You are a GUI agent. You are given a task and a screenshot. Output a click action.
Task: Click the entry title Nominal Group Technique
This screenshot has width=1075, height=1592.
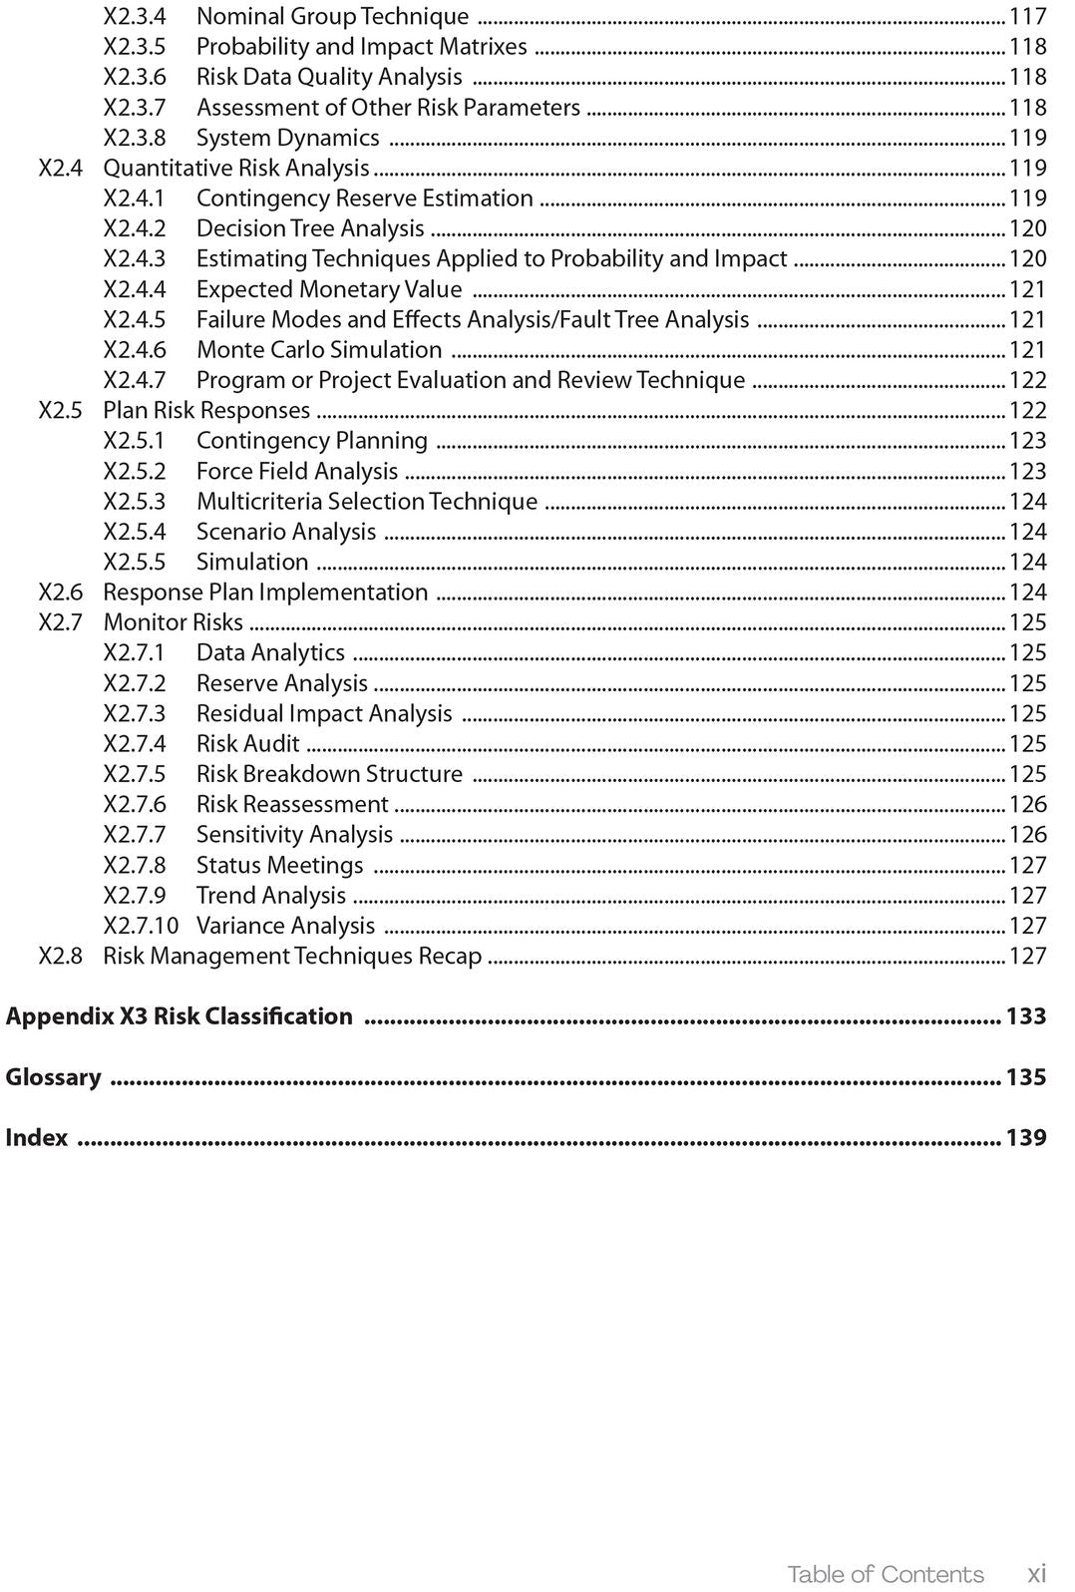(332, 16)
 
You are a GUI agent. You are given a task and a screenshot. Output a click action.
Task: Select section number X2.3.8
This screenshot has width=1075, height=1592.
(135, 138)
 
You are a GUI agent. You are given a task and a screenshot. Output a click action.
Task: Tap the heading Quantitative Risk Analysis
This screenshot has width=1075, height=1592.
(236, 168)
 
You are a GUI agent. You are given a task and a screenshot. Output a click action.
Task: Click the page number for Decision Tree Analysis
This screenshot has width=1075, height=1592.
(1027, 228)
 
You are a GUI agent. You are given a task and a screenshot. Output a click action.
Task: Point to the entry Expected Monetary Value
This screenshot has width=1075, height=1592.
(329, 289)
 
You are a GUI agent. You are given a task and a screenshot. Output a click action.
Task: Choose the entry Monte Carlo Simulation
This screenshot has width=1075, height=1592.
(319, 350)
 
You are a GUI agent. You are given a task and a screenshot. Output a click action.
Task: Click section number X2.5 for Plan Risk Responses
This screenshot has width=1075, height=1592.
(60, 410)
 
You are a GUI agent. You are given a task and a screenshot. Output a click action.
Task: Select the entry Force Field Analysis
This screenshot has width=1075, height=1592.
(297, 471)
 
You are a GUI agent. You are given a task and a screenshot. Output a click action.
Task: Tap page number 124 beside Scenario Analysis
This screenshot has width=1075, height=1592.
(1027, 532)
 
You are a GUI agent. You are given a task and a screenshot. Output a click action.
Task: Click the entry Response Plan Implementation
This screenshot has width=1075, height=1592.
(265, 593)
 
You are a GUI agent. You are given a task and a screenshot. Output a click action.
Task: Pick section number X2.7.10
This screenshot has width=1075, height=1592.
(141, 926)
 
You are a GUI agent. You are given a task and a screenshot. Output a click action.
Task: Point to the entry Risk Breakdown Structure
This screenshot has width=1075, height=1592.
(329, 774)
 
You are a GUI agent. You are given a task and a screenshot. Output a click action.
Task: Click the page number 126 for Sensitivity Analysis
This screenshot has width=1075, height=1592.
(1027, 835)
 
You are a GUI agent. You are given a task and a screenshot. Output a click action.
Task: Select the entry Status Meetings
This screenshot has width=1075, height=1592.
(279, 865)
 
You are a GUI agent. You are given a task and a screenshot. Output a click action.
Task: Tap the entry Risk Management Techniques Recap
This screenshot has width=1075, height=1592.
(292, 956)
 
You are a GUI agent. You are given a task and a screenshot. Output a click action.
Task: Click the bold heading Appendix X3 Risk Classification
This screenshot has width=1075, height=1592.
(179, 1016)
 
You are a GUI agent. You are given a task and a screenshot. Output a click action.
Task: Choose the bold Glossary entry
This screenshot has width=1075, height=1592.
(54, 1077)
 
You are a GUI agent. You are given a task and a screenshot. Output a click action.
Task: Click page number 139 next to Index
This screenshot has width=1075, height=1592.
(1025, 1137)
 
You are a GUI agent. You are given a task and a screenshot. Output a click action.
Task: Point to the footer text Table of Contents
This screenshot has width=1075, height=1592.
(885, 1574)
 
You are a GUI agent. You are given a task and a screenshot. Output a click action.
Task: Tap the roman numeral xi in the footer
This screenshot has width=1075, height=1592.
(1037, 1574)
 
